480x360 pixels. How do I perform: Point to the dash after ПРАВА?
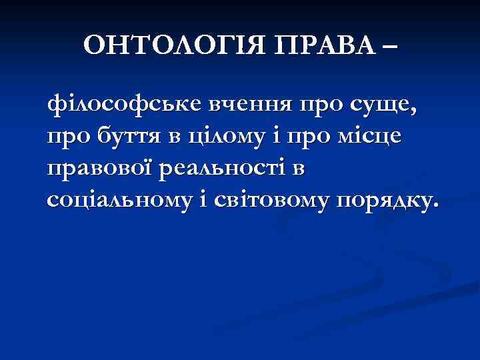[388, 48]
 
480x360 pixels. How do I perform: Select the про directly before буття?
[66, 138]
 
